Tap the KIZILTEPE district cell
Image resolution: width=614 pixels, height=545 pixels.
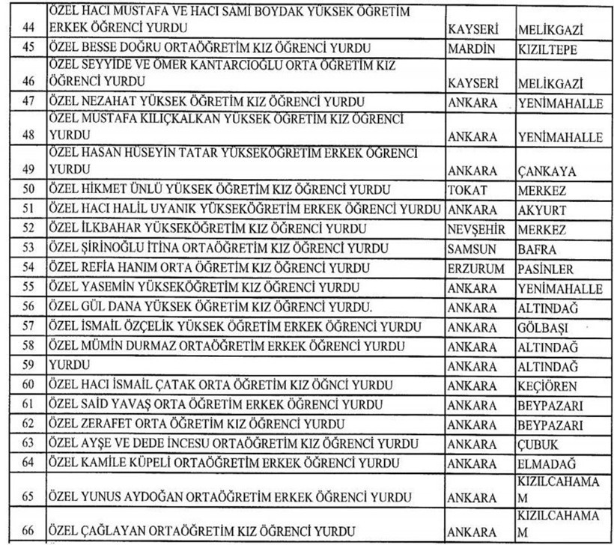[549, 49]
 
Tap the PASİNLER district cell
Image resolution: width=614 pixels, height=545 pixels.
[548, 269]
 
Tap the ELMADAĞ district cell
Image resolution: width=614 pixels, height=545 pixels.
[547, 463]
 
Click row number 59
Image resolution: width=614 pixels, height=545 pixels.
[25, 366]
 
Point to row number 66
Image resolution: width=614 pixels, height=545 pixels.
[25, 532]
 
